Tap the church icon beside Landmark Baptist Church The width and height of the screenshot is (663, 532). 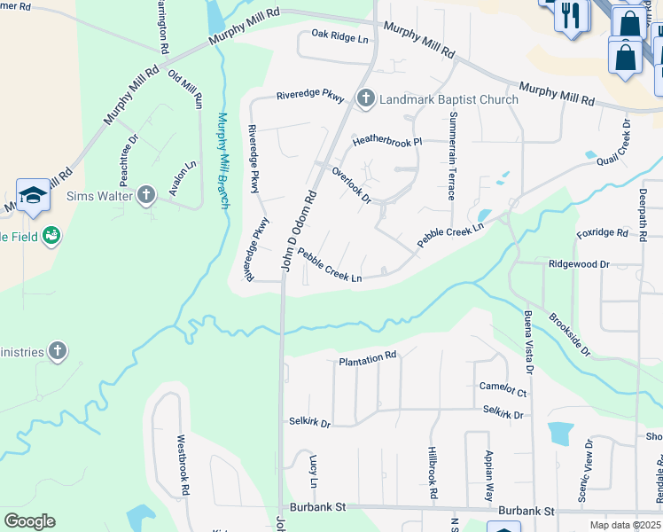[x=364, y=99]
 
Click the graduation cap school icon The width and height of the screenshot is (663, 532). [x=33, y=195]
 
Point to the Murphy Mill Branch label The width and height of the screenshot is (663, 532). [x=222, y=160]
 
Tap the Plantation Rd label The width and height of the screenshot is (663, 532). [x=368, y=358]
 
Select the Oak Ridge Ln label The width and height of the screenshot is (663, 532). [x=339, y=37]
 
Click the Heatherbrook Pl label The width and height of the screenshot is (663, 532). [x=387, y=141]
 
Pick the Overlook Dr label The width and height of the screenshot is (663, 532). [x=351, y=184]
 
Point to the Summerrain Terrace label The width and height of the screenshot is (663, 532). [x=453, y=155]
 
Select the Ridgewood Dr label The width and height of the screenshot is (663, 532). [x=580, y=264]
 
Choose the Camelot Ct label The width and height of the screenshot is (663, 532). [x=503, y=389]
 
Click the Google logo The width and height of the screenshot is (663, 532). [x=29, y=521]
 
